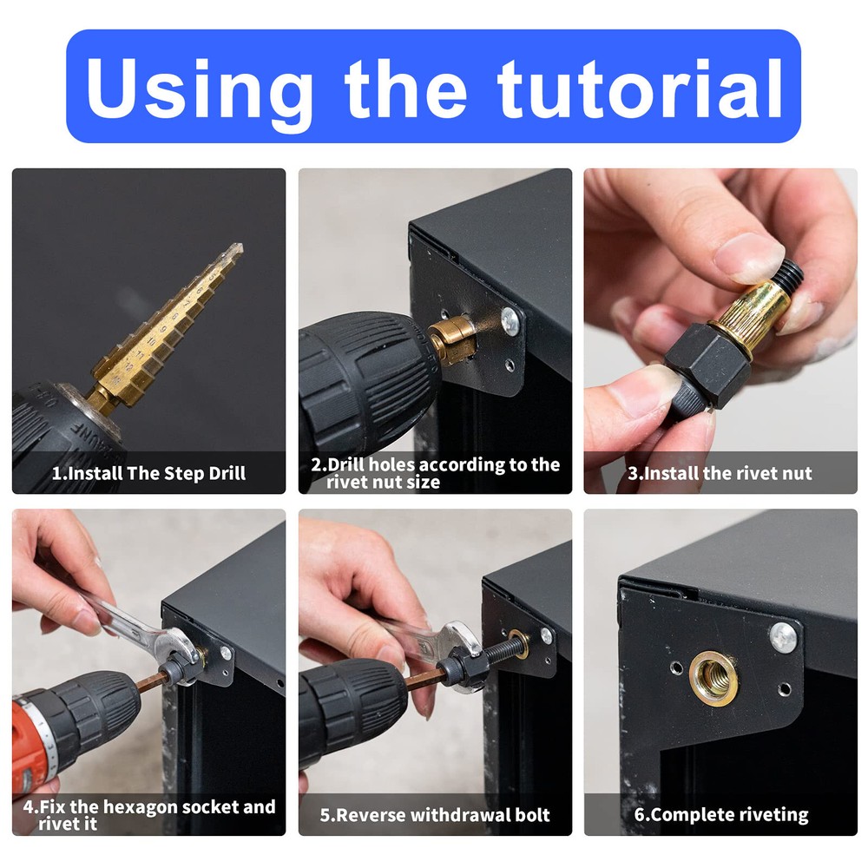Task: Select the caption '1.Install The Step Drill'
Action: click(x=148, y=474)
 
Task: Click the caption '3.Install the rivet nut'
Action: click(x=720, y=474)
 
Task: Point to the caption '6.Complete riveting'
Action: click(x=720, y=815)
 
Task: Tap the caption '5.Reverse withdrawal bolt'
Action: click(x=435, y=815)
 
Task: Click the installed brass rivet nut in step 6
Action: click(x=714, y=675)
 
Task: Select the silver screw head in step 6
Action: click(x=783, y=637)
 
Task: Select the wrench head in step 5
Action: click(x=459, y=642)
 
